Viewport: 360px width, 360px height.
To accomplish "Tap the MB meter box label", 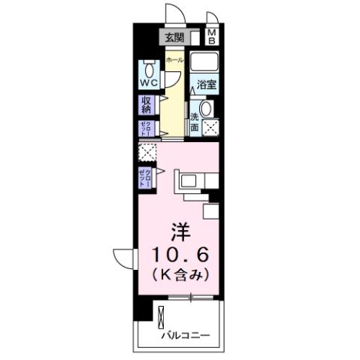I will (x=211, y=36).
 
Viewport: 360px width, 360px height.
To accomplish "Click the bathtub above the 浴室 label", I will (x=204, y=62).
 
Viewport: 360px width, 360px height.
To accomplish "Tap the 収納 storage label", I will (x=146, y=105).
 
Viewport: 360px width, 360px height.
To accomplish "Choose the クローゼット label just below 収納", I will (x=146, y=129).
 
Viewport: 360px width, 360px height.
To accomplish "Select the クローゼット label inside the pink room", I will (x=144, y=177).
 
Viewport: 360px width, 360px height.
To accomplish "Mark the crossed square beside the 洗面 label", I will (x=210, y=126).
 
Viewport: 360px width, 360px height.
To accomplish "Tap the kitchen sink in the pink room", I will (x=187, y=180).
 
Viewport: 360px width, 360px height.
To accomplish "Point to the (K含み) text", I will (x=178, y=274).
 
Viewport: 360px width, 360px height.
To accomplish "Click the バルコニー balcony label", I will (x=184, y=336).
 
